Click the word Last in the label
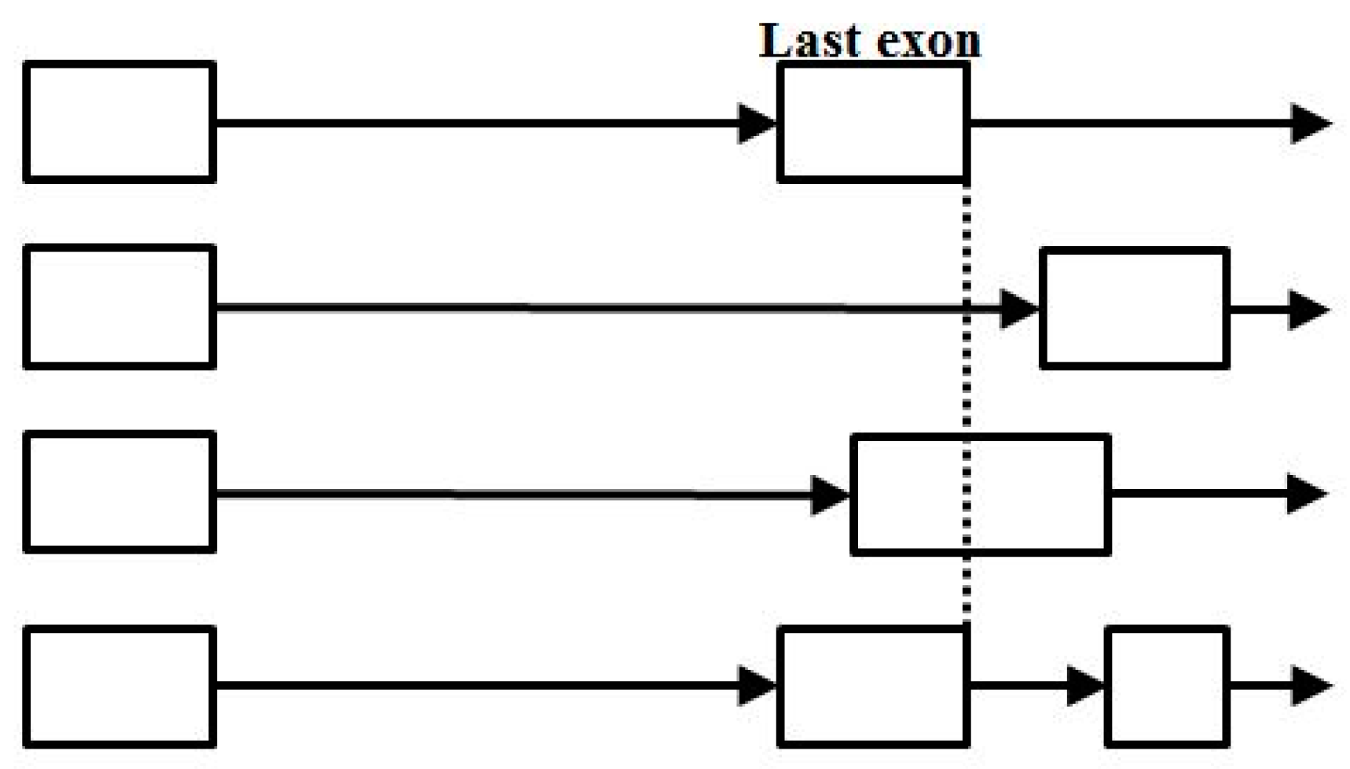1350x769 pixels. [x=809, y=40]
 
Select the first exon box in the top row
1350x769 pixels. [x=119, y=122]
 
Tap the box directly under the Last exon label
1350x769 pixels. [x=872, y=122]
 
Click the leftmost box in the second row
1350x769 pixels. [x=119, y=307]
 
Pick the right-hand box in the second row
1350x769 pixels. [x=1134, y=308]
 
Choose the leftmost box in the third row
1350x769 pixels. [x=119, y=491]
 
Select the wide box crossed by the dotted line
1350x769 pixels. [x=1022, y=494]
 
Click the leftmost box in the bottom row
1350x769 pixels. [x=119, y=686]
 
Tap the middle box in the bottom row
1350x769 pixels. [x=872, y=686]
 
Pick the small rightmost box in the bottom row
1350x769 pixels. [x=1167, y=686]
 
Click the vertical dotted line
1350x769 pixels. [x=967, y=393]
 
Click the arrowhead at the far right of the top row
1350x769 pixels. [x=1311, y=123]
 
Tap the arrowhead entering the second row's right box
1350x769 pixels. [x=1020, y=308]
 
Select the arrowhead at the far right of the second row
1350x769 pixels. [x=1308, y=309]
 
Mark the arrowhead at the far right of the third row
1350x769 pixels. [x=1307, y=494]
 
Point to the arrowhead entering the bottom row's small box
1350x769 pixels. [x=1087, y=686]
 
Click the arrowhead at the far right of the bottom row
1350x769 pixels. [x=1311, y=686]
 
